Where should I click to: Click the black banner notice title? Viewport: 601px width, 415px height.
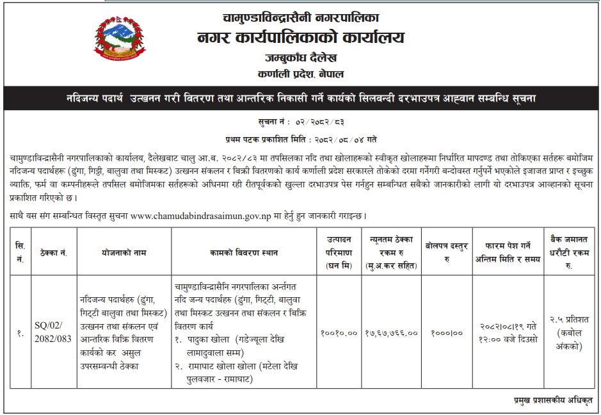click(x=301, y=99)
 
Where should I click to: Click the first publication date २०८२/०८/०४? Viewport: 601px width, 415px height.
click(x=342, y=138)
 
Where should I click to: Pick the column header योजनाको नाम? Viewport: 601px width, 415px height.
click(x=122, y=252)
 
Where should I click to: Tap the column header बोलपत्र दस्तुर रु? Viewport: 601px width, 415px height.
click(x=446, y=252)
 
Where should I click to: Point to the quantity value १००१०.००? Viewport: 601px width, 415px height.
click(x=338, y=332)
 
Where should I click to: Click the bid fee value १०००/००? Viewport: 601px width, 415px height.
click(x=446, y=332)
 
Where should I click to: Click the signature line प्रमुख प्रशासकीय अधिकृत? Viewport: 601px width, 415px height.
click(x=553, y=400)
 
